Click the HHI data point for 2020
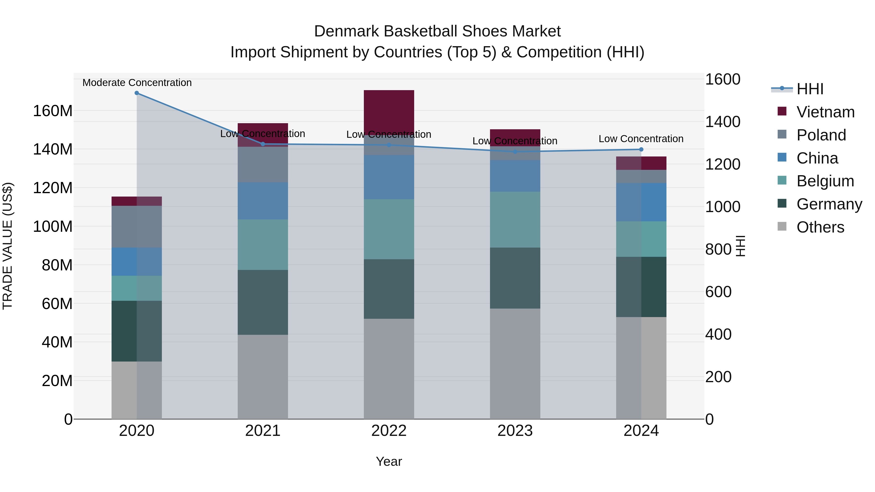[x=137, y=93]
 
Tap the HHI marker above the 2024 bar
[x=641, y=149]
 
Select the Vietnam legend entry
[x=825, y=112]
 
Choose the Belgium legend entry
[x=825, y=181]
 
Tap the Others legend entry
[x=820, y=227]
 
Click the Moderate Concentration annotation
[x=137, y=83]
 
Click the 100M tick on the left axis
[x=53, y=226]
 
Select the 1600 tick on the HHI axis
[x=723, y=79]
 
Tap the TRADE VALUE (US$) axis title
[x=8, y=246]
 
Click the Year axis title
[x=389, y=461]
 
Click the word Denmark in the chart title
[x=346, y=31]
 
